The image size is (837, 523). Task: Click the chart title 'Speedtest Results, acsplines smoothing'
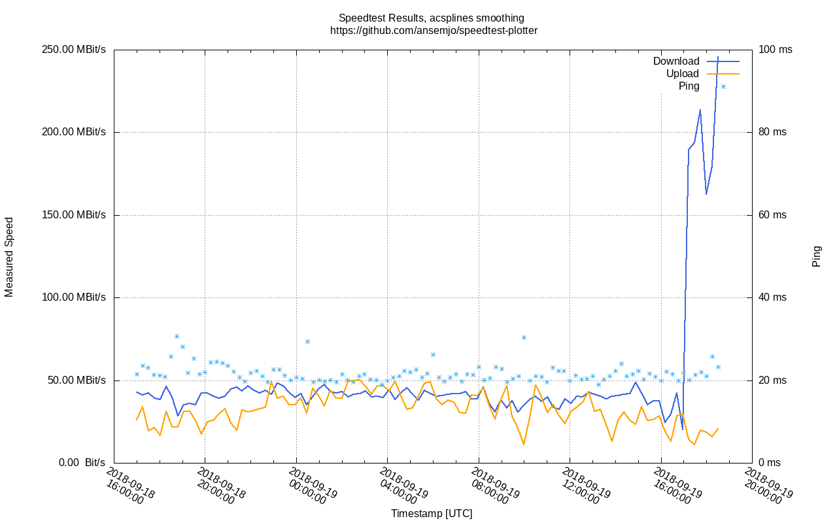click(x=431, y=18)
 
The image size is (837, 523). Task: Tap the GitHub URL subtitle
click(x=434, y=30)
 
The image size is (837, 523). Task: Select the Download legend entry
click(x=676, y=61)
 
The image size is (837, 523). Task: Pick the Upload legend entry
click(x=683, y=74)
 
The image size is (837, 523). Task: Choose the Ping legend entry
click(x=689, y=86)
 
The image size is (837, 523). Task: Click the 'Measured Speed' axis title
click(x=9, y=257)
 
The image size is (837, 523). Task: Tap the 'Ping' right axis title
click(x=817, y=256)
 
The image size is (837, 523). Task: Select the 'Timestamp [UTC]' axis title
click(x=432, y=514)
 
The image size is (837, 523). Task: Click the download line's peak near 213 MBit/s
click(x=700, y=110)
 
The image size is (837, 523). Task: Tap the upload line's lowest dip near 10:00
click(x=524, y=445)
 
